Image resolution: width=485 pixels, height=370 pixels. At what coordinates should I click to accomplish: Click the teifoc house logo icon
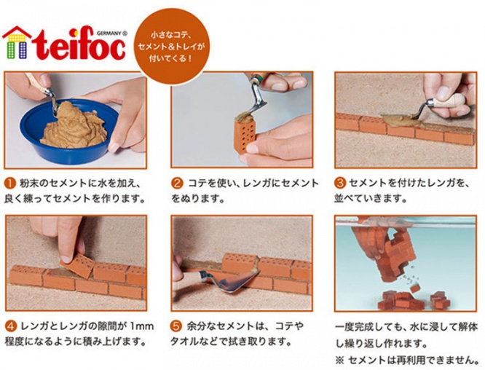pos(17,43)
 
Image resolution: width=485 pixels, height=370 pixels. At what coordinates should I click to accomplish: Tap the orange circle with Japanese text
pos(173,46)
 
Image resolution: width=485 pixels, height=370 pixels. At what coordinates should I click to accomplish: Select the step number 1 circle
pos(10,184)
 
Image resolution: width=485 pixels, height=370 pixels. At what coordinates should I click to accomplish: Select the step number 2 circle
pos(177,184)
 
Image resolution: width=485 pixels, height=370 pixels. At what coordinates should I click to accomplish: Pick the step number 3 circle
pos(340,183)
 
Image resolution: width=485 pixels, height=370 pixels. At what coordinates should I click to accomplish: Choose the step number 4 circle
pos(10,327)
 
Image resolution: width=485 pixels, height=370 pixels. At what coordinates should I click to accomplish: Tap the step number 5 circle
pos(176,326)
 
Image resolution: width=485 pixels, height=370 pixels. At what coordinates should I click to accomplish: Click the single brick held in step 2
pos(245,136)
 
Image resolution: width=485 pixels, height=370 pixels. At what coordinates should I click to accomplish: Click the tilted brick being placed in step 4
pos(78,265)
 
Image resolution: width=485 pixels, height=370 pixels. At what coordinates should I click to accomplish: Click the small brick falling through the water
pos(415,288)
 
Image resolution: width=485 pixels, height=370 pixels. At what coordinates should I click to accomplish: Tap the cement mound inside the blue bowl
pos(74,125)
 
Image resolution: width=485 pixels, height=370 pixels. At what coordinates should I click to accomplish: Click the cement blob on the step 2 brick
pos(245,117)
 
